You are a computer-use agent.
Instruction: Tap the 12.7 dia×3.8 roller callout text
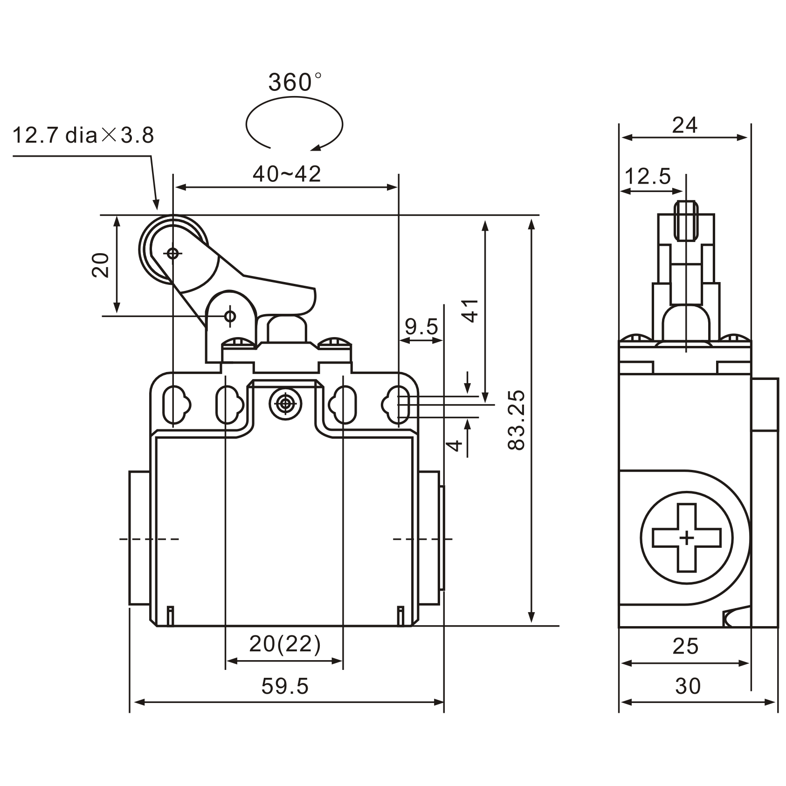(83, 136)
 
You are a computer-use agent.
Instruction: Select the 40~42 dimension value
(287, 174)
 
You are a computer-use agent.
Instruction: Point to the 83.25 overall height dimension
(517, 420)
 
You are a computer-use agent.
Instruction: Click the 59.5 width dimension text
(285, 686)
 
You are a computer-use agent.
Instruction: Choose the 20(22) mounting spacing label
(285, 644)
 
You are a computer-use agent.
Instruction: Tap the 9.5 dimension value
(421, 327)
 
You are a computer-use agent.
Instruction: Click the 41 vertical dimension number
(471, 310)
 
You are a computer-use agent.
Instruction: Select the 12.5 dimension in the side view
(647, 177)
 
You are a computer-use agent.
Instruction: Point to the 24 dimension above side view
(684, 125)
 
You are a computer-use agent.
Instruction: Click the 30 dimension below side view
(688, 686)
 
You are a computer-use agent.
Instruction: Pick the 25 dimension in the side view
(685, 646)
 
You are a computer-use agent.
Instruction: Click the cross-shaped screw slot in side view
(686, 538)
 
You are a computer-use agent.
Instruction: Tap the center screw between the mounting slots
(284, 404)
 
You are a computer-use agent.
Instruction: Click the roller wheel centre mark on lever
(173, 254)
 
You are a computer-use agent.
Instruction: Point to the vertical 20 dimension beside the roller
(100, 265)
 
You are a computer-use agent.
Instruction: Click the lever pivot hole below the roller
(230, 316)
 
